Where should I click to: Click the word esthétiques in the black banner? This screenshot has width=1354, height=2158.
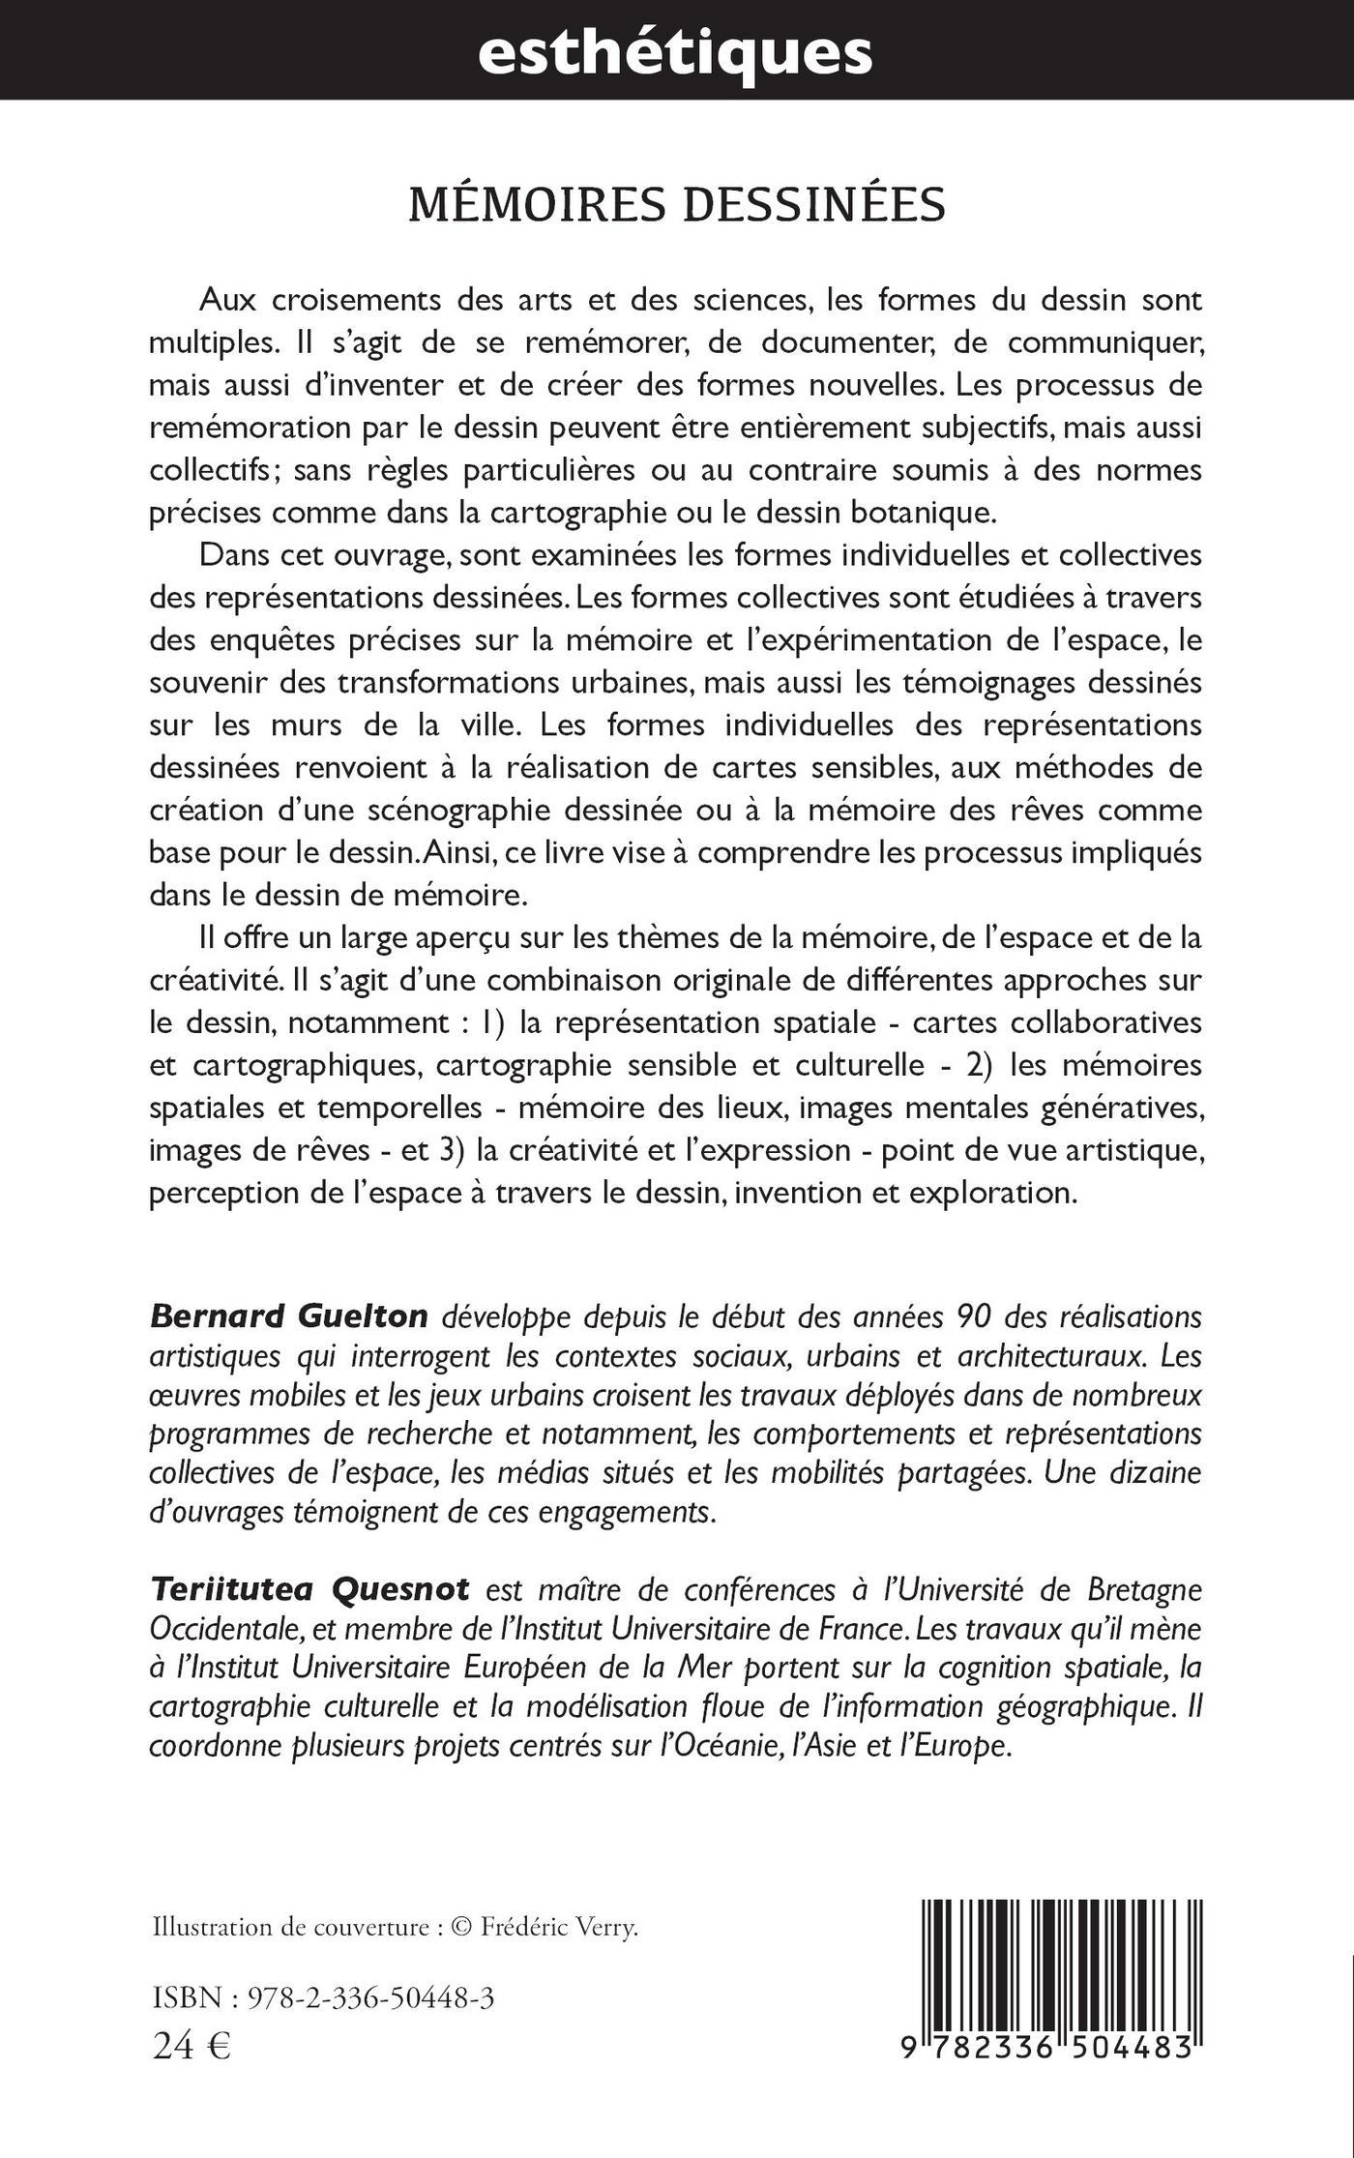point(675,52)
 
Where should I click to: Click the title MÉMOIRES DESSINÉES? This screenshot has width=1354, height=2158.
point(677,205)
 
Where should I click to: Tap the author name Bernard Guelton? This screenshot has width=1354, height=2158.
point(289,1315)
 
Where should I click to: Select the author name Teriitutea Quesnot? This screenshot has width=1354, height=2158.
point(309,1588)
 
